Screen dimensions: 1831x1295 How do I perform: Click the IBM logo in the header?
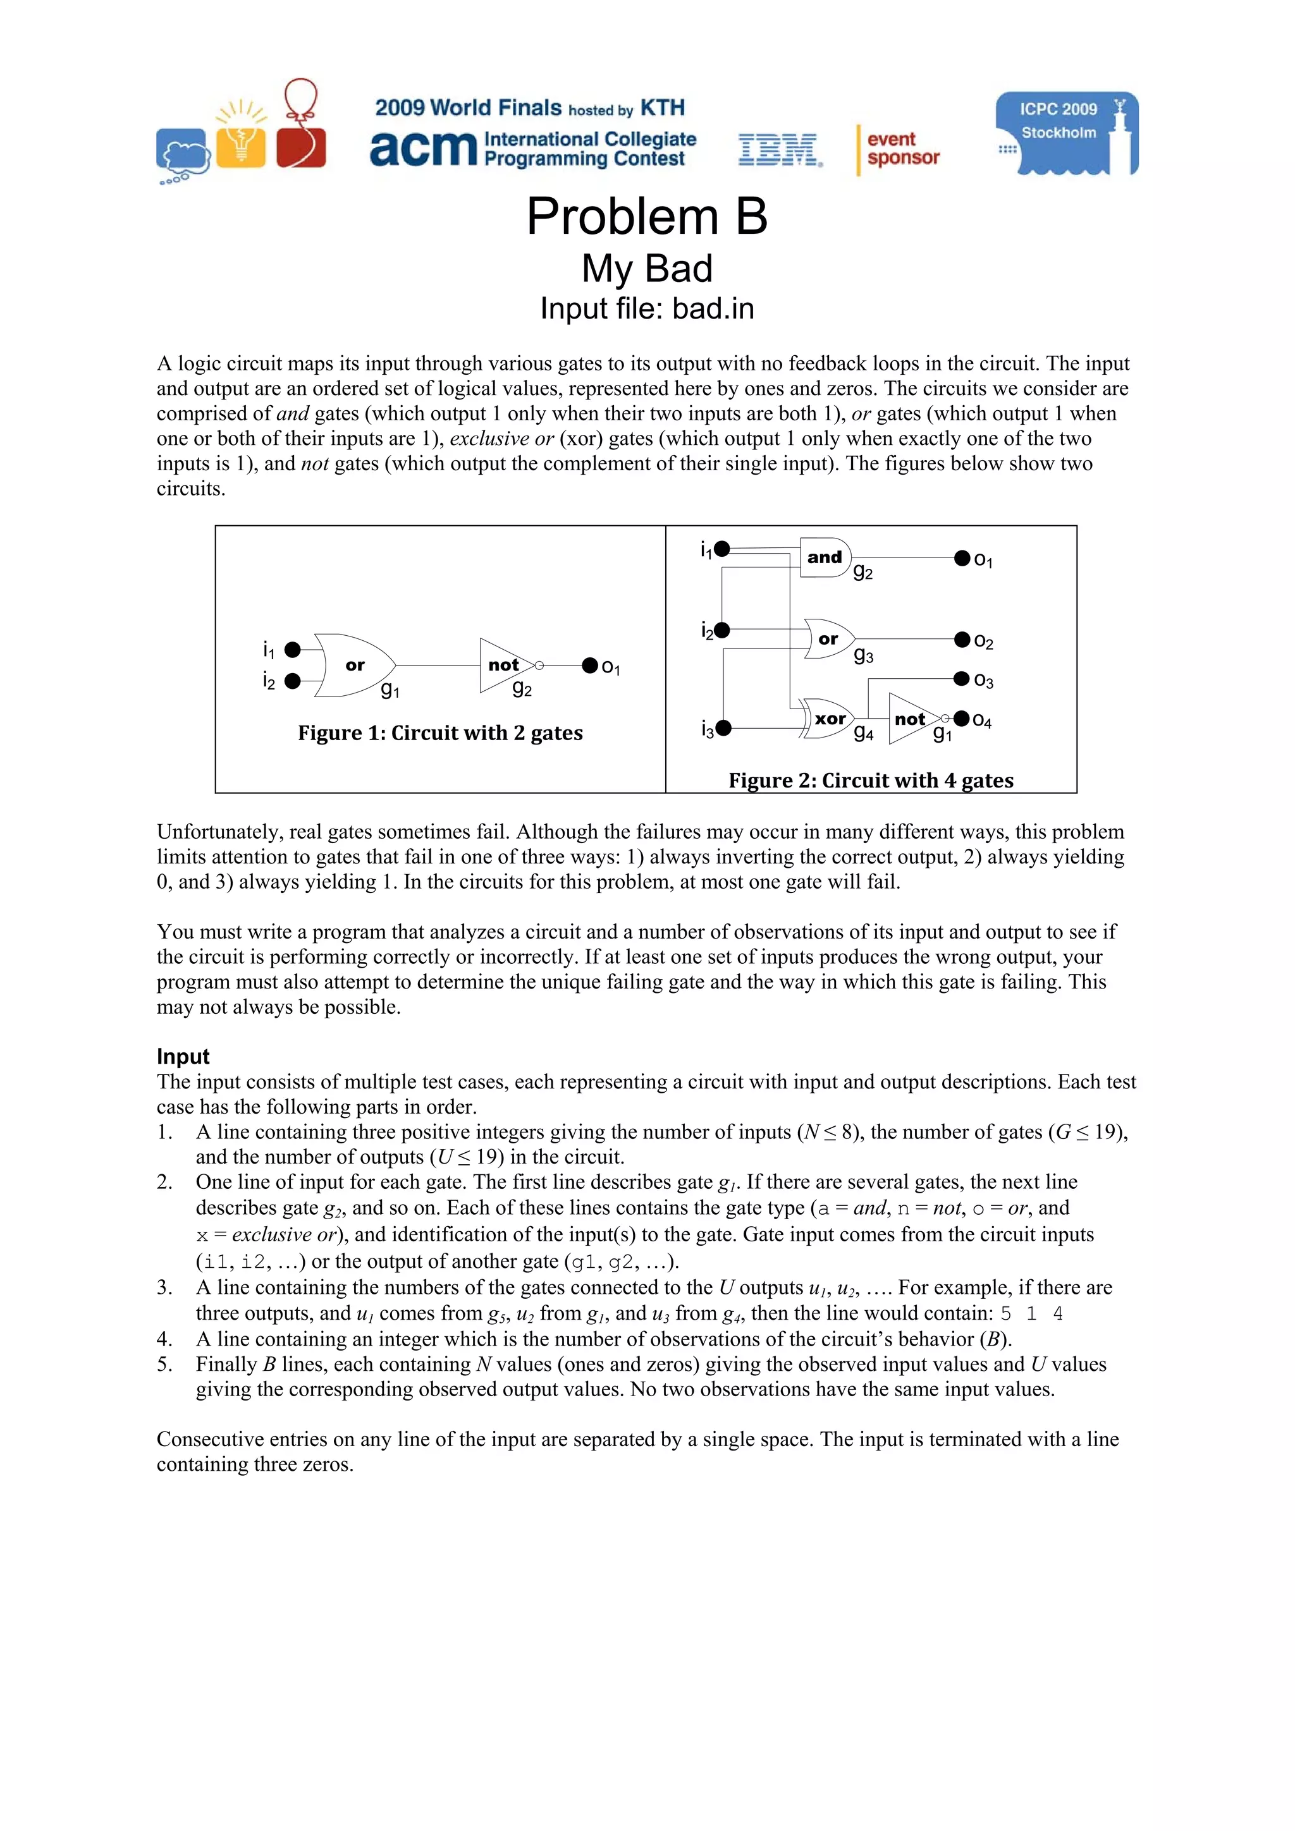click(x=779, y=150)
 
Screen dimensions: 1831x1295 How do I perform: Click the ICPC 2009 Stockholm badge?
click(x=1066, y=133)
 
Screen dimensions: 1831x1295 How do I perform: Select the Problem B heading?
click(x=646, y=216)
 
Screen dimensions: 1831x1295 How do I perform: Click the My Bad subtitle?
click(x=646, y=268)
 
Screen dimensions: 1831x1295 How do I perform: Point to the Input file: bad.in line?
click(x=646, y=308)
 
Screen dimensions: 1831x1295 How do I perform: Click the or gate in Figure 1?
click(x=354, y=665)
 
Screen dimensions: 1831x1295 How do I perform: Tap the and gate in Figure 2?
click(x=825, y=557)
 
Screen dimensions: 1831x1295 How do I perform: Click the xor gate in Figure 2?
click(x=829, y=719)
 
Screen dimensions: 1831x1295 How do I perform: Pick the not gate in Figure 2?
click(x=911, y=719)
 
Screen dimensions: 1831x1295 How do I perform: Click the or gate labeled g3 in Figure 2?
click(x=829, y=639)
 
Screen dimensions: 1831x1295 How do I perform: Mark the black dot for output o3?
click(x=962, y=679)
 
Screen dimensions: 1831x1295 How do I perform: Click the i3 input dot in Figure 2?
click(x=723, y=727)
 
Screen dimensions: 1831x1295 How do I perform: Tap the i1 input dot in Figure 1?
click(x=293, y=649)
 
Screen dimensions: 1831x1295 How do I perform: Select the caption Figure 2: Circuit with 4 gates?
click(x=871, y=780)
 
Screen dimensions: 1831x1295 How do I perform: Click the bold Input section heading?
click(x=183, y=1057)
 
